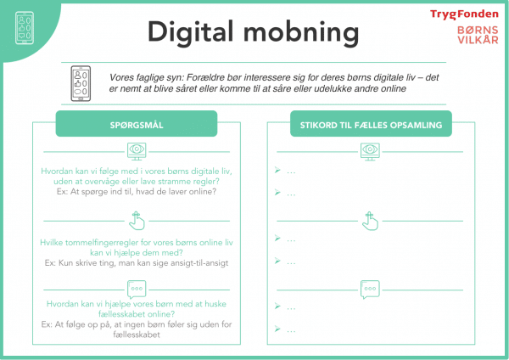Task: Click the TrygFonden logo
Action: click(x=464, y=14)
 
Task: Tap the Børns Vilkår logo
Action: click(x=478, y=35)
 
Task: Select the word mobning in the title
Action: click(x=301, y=33)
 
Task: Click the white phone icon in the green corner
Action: click(x=25, y=28)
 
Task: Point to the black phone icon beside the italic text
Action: click(x=81, y=83)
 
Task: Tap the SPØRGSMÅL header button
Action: click(x=137, y=124)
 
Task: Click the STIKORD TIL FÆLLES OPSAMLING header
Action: click(x=371, y=124)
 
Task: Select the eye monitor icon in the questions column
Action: click(x=137, y=151)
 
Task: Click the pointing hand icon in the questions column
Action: click(x=137, y=221)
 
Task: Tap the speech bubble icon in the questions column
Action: click(x=137, y=290)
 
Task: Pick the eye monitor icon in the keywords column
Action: click(x=370, y=151)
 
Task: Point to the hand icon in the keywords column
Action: click(x=370, y=221)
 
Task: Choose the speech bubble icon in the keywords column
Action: click(x=370, y=290)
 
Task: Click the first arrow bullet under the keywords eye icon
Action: click(x=277, y=170)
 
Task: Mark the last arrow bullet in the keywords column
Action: click(x=277, y=329)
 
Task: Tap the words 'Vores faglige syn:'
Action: click(x=147, y=78)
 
